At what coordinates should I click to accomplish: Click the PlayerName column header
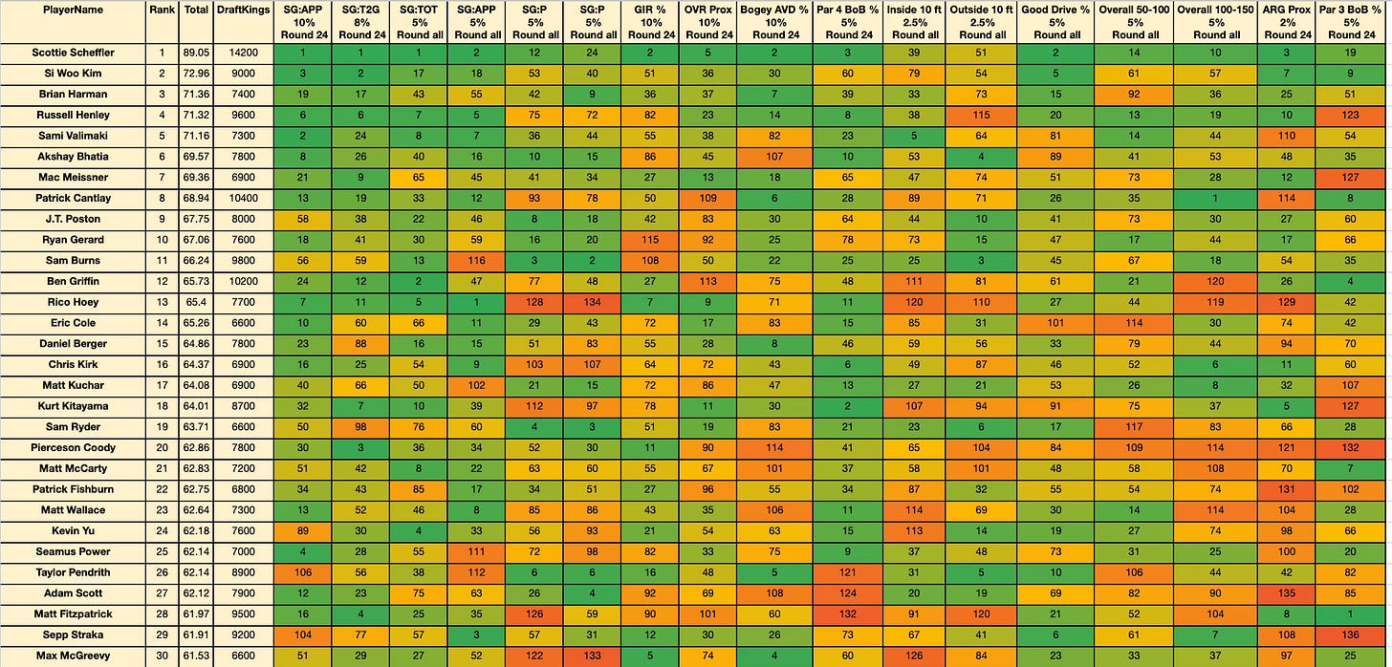coord(73,10)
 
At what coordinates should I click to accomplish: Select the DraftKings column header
coord(243,10)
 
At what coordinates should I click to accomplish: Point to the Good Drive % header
coord(1055,10)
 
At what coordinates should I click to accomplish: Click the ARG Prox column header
coord(1287,10)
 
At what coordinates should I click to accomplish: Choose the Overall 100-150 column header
coord(1215,10)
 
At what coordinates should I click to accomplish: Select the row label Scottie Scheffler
coord(74,53)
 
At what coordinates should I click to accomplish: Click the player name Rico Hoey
coord(74,303)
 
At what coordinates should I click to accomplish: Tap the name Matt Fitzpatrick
coord(74,614)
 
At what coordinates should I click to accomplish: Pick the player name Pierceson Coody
coord(74,448)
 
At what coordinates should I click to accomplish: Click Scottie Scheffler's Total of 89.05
coord(196,53)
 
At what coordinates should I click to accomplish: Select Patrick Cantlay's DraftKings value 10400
coord(243,198)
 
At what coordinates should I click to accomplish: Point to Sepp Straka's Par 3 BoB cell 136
coord(1350,635)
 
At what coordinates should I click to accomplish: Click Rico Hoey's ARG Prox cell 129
coord(1287,303)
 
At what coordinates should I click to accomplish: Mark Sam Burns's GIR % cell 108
coord(650,261)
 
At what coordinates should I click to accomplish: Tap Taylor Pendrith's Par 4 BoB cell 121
coord(848,572)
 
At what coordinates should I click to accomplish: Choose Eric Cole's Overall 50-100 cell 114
coord(1134,323)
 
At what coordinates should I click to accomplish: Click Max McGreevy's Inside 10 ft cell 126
coord(914,656)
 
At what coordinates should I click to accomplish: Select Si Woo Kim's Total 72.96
coord(196,74)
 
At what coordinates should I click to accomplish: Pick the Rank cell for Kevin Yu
coord(163,531)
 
